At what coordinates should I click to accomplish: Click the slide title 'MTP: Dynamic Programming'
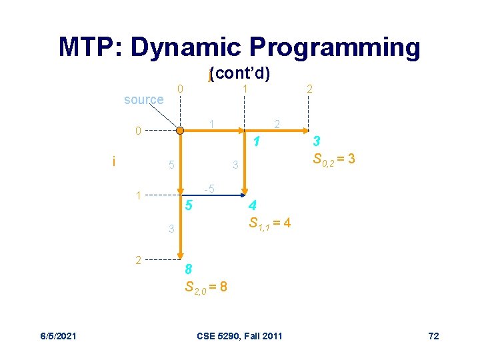point(239,47)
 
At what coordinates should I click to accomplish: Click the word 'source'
point(143,100)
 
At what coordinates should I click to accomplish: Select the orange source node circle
point(180,131)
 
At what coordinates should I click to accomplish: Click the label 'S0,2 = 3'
point(333,159)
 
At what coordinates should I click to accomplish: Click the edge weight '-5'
point(209,189)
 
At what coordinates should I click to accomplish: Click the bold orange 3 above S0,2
point(317,141)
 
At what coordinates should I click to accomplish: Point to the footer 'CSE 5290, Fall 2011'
point(240,335)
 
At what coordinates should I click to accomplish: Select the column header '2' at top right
point(309,89)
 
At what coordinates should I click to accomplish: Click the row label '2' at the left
point(138,260)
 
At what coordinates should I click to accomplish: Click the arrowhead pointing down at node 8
point(180,255)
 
